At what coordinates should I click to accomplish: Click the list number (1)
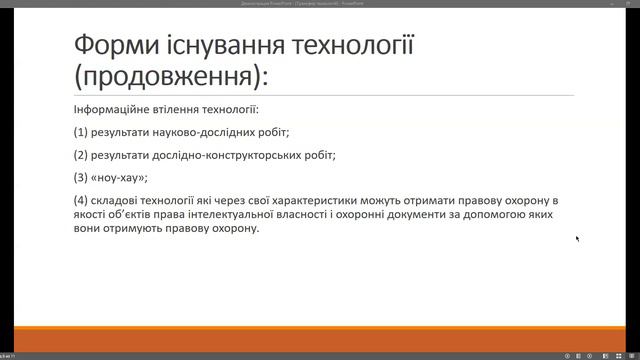click(80, 132)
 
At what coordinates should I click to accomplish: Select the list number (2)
click(80, 155)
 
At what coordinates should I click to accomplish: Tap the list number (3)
click(80, 178)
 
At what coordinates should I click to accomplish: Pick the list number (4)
click(80, 201)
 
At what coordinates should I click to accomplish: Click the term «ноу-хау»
click(119, 178)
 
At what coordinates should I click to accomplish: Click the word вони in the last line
click(89, 228)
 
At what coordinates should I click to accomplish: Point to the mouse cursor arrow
click(577, 238)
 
